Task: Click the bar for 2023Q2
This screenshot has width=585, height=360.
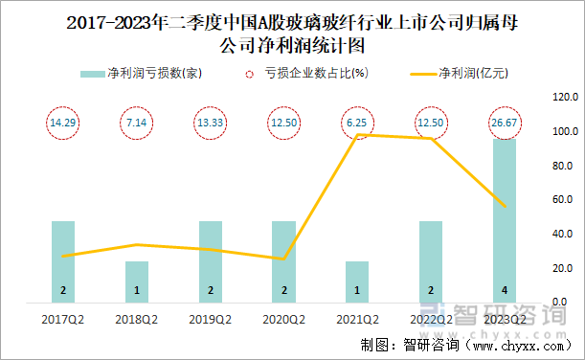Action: (x=505, y=220)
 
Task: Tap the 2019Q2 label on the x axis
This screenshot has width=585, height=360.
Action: (x=211, y=319)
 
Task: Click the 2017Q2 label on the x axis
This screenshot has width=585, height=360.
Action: (x=63, y=319)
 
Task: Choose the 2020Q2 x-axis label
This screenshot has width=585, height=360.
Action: (x=284, y=319)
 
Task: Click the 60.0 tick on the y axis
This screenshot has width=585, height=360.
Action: (x=563, y=200)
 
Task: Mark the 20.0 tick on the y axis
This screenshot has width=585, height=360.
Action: (x=563, y=269)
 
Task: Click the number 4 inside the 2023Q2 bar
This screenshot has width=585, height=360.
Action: (x=505, y=290)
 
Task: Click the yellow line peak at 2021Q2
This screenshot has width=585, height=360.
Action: (x=357, y=135)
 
